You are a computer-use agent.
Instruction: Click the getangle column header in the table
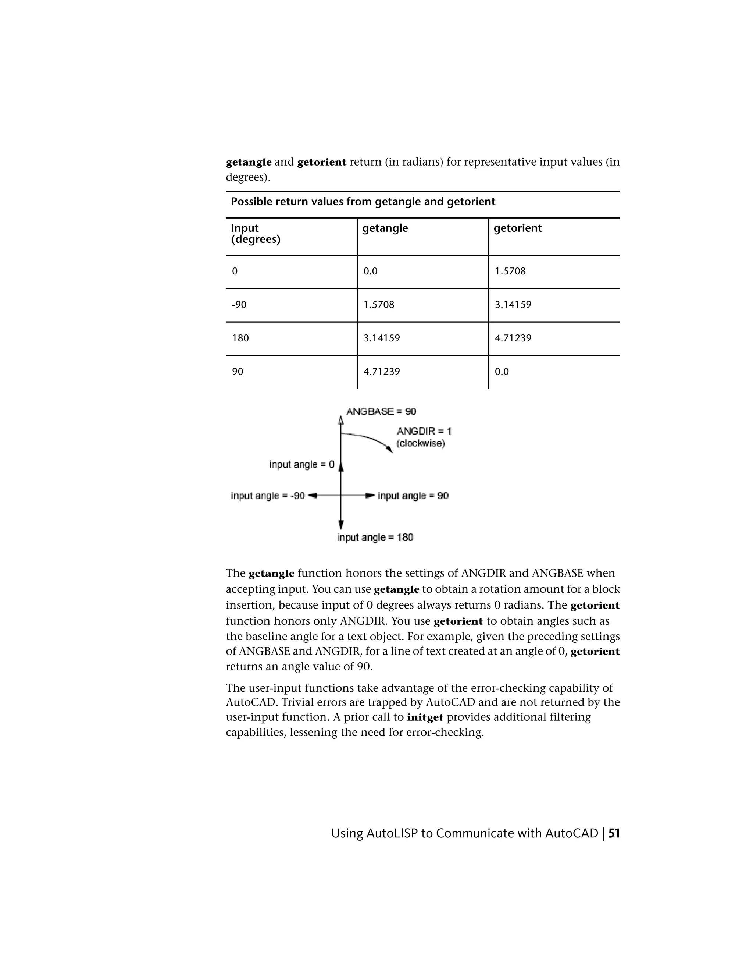point(385,228)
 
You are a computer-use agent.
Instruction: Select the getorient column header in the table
point(517,228)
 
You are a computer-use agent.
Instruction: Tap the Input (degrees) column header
point(255,234)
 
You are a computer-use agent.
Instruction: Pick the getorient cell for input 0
point(510,271)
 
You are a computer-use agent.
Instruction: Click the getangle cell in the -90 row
point(379,305)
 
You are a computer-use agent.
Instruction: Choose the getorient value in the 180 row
point(513,338)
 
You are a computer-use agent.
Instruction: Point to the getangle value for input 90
point(381,372)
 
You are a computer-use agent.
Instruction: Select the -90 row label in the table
point(239,305)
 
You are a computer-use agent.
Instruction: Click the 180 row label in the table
point(240,338)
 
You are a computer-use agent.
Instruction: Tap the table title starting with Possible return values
point(363,201)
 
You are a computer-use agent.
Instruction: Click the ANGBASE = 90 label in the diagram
point(381,411)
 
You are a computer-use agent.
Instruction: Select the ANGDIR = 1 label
point(424,431)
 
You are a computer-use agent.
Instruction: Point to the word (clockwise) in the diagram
point(421,443)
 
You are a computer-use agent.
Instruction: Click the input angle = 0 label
point(301,464)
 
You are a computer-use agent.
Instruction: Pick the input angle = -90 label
point(268,496)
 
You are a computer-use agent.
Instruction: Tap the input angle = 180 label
point(375,537)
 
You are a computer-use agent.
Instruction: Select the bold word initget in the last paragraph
point(425,717)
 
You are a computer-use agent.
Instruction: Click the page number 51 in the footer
point(614,833)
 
